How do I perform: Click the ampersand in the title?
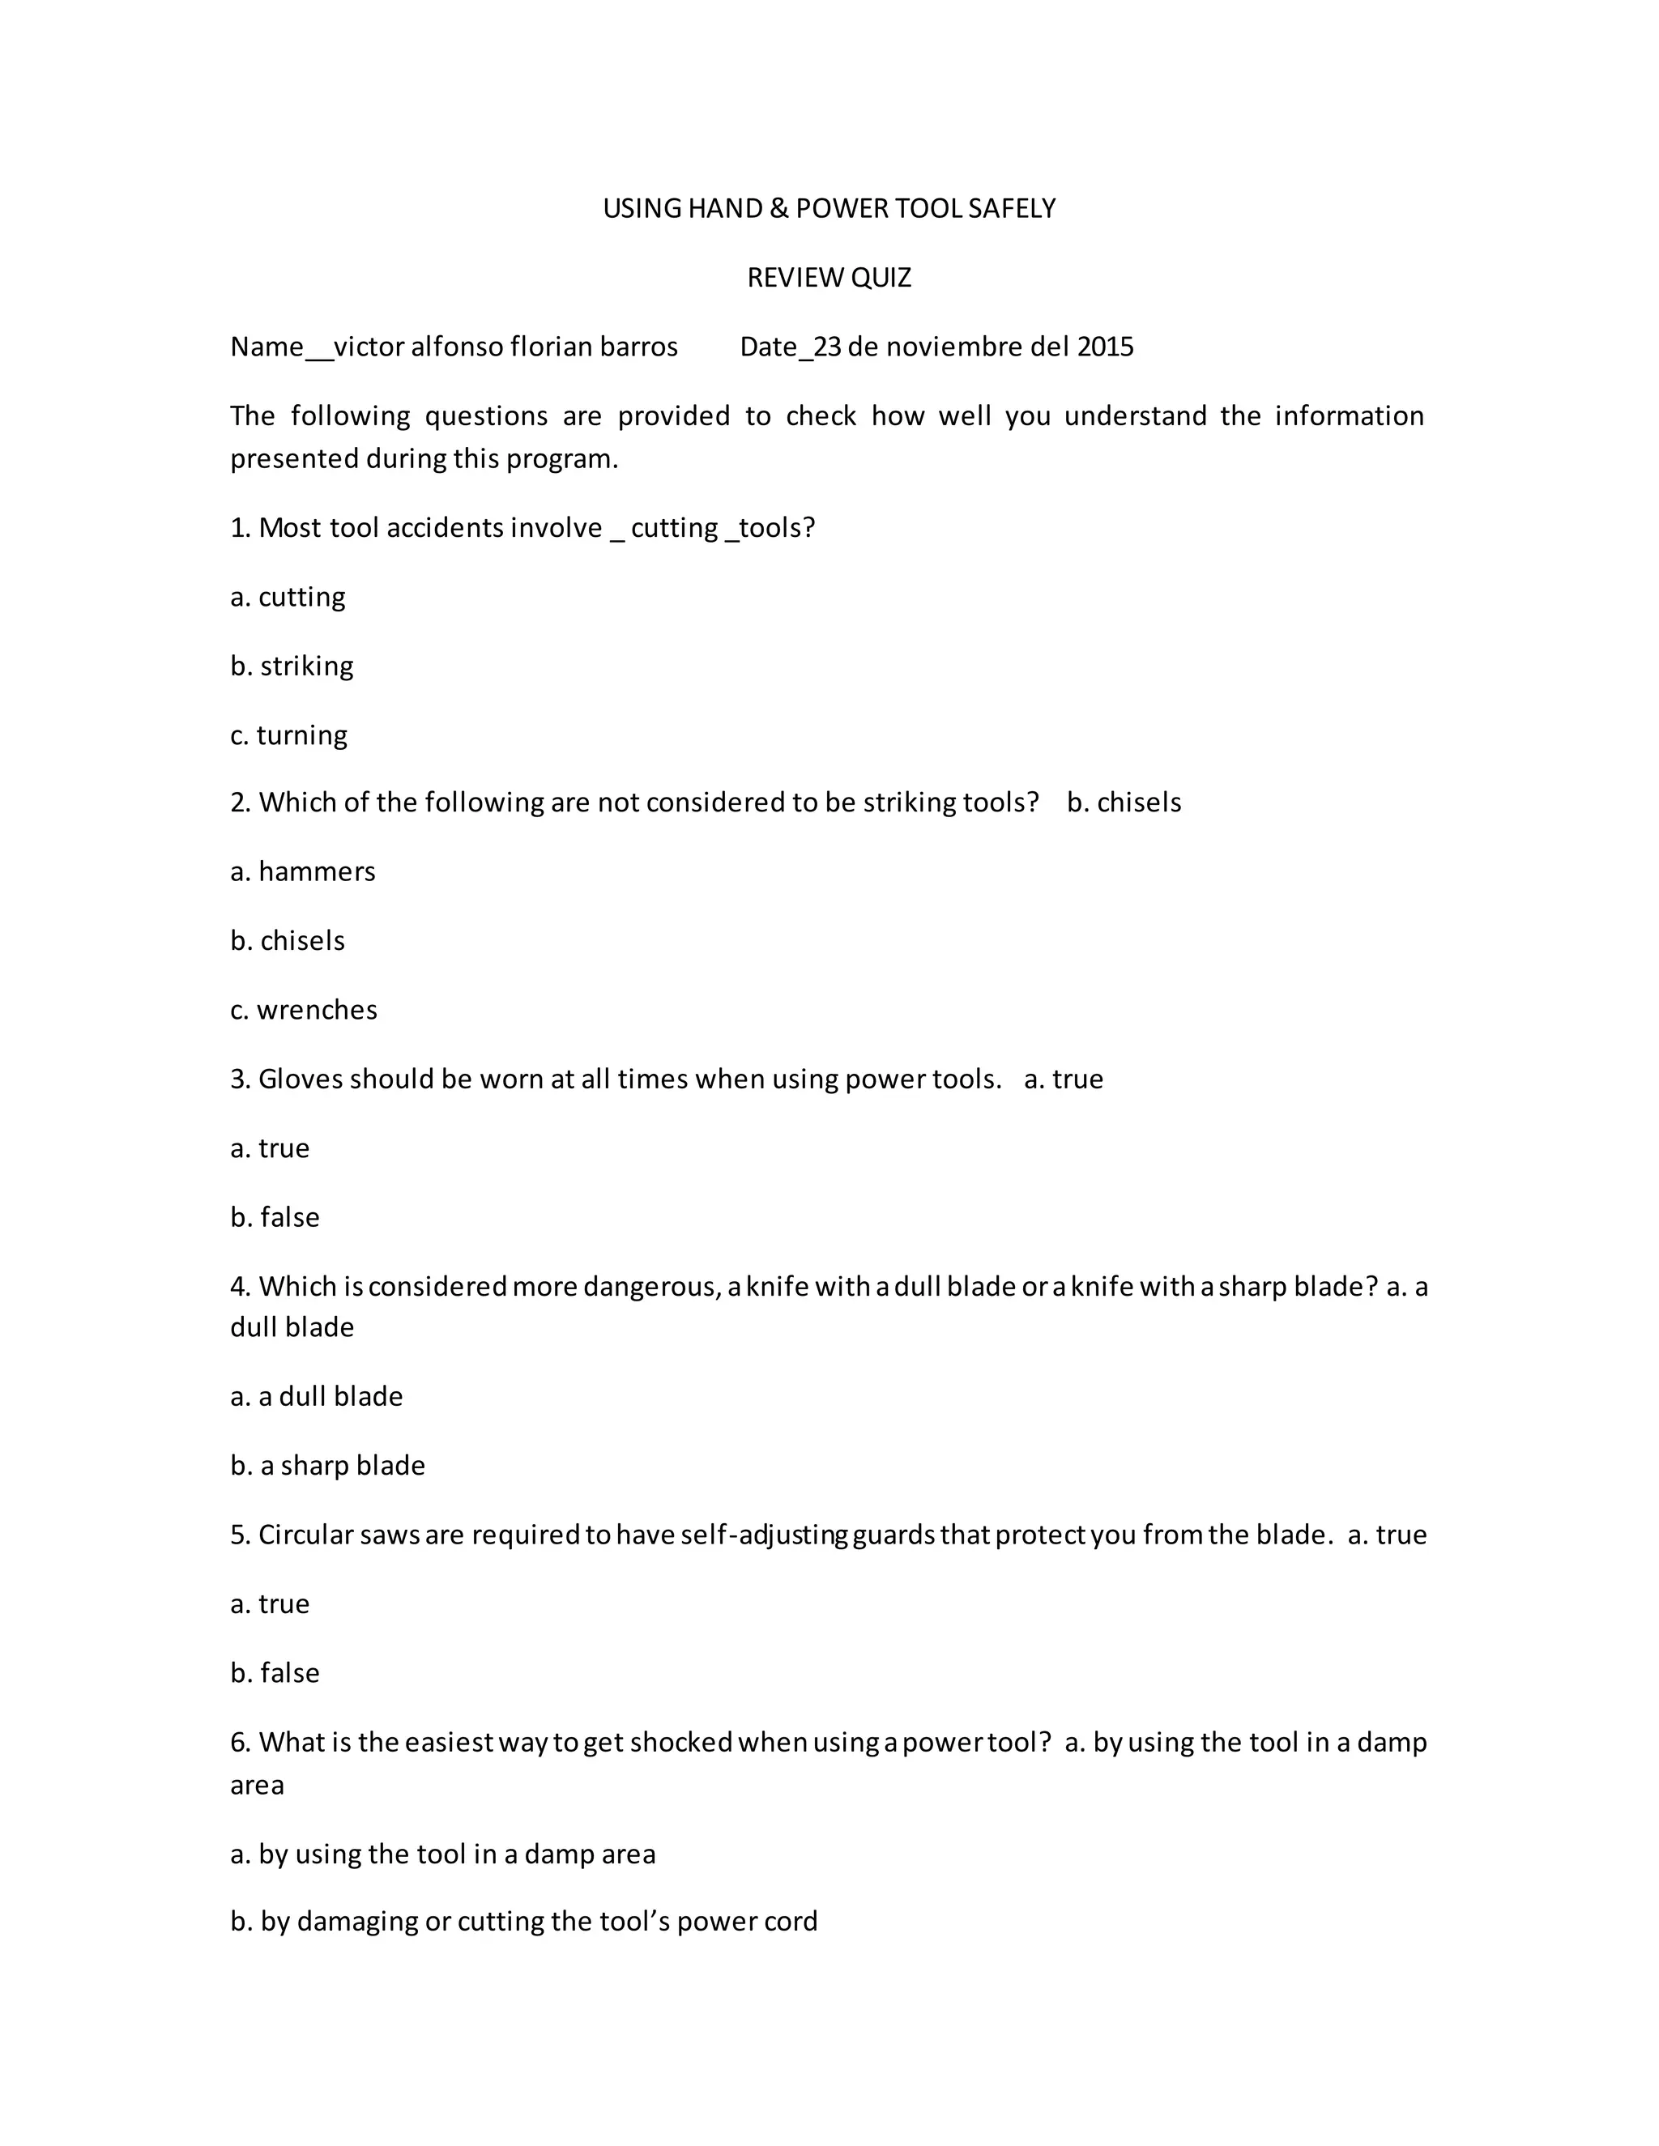778,208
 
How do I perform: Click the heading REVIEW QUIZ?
829,278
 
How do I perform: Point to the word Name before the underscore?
267,347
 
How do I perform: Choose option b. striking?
292,666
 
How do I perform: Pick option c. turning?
289,735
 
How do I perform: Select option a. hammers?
303,871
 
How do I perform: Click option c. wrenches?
304,1010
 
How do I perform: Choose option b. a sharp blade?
327,1465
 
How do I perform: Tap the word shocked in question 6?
681,1742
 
